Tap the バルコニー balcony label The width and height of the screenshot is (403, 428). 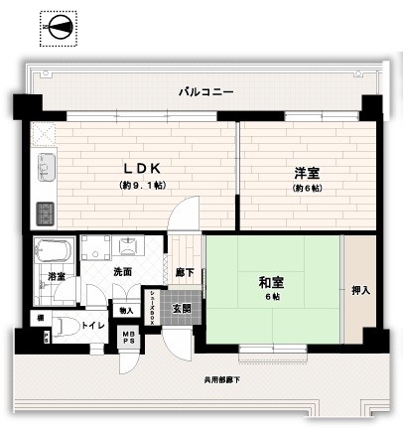(205, 91)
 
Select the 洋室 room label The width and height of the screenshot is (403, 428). (306, 172)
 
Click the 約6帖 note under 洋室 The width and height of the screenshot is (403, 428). (306, 188)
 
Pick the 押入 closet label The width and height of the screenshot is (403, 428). (361, 290)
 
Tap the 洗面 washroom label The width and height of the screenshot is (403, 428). (121, 272)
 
